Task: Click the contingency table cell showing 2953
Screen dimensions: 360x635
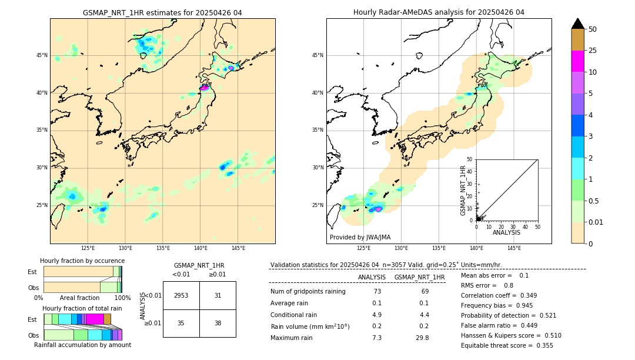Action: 181,295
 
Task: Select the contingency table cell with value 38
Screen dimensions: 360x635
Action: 218,323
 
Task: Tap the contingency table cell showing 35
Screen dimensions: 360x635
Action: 181,323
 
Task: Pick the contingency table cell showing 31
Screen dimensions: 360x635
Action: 218,295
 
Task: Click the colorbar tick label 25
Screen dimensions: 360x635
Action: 593,51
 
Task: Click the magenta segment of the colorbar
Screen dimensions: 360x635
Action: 578,61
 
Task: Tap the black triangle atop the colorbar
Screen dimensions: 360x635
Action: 578,24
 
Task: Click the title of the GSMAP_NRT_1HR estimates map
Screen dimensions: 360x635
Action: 162,12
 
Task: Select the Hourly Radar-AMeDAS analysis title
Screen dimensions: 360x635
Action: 439,12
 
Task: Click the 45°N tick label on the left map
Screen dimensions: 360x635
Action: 42,55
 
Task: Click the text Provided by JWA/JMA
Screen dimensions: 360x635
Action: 360,238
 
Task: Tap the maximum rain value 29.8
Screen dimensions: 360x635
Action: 422,338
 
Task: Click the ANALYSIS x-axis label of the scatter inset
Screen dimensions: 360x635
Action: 506,233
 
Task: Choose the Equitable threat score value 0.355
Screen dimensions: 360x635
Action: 541,345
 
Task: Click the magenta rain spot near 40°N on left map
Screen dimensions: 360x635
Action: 205,88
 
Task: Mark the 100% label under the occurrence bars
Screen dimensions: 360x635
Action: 122,298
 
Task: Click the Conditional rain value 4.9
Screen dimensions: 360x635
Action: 377,315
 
